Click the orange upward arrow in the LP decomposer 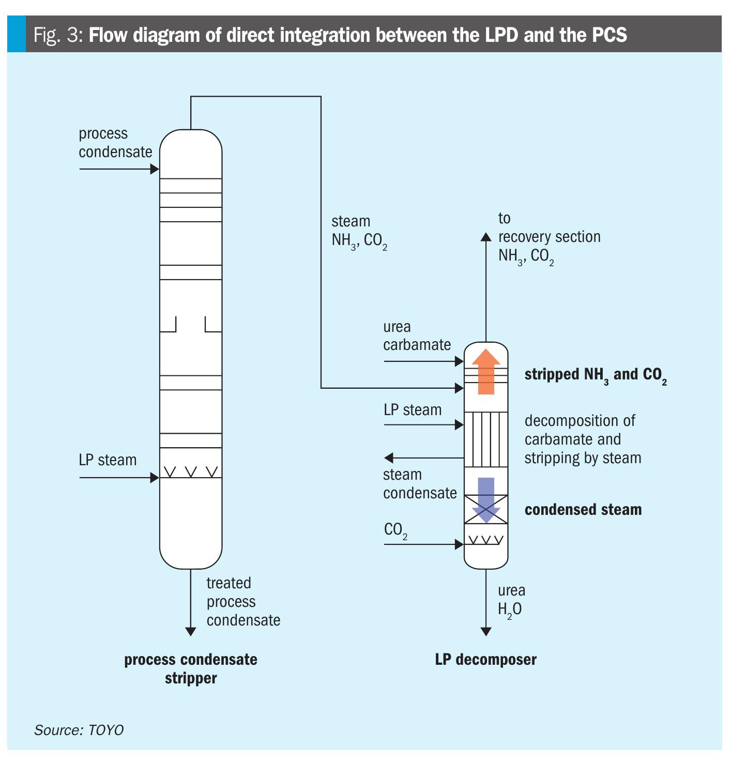pyautogui.click(x=486, y=372)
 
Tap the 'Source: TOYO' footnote pyautogui.click(x=79, y=730)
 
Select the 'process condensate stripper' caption pyautogui.click(x=191, y=668)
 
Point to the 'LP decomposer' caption pyautogui.click(x=485, y=659)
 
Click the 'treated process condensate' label pyautogui.click(x=243, y=601)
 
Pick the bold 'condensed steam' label pyautogui.click(x=583, y=510)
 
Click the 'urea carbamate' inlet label pyautogui.click(x=417, y=335)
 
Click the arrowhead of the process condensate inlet pyautogui.click(x=154, y=169)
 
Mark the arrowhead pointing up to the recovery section pyautogui.click(x=486, y=237)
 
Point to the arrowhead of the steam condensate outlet pyautogui.click(x=389, y=457)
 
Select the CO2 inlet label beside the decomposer pyautogui.click(x=395, y=530)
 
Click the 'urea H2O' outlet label pyautogui.click(x=511, y=600)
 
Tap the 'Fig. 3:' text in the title pyautogui.click(x=59, y=35)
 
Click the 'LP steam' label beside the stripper pyautogui.click(x=108, y=460)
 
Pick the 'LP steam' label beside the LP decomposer pyautogui.click(x=413, y=410)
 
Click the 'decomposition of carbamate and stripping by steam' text pyautogui.click(x=583, y=439)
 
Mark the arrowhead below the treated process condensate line pyautogui.click(x=191, y=631)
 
